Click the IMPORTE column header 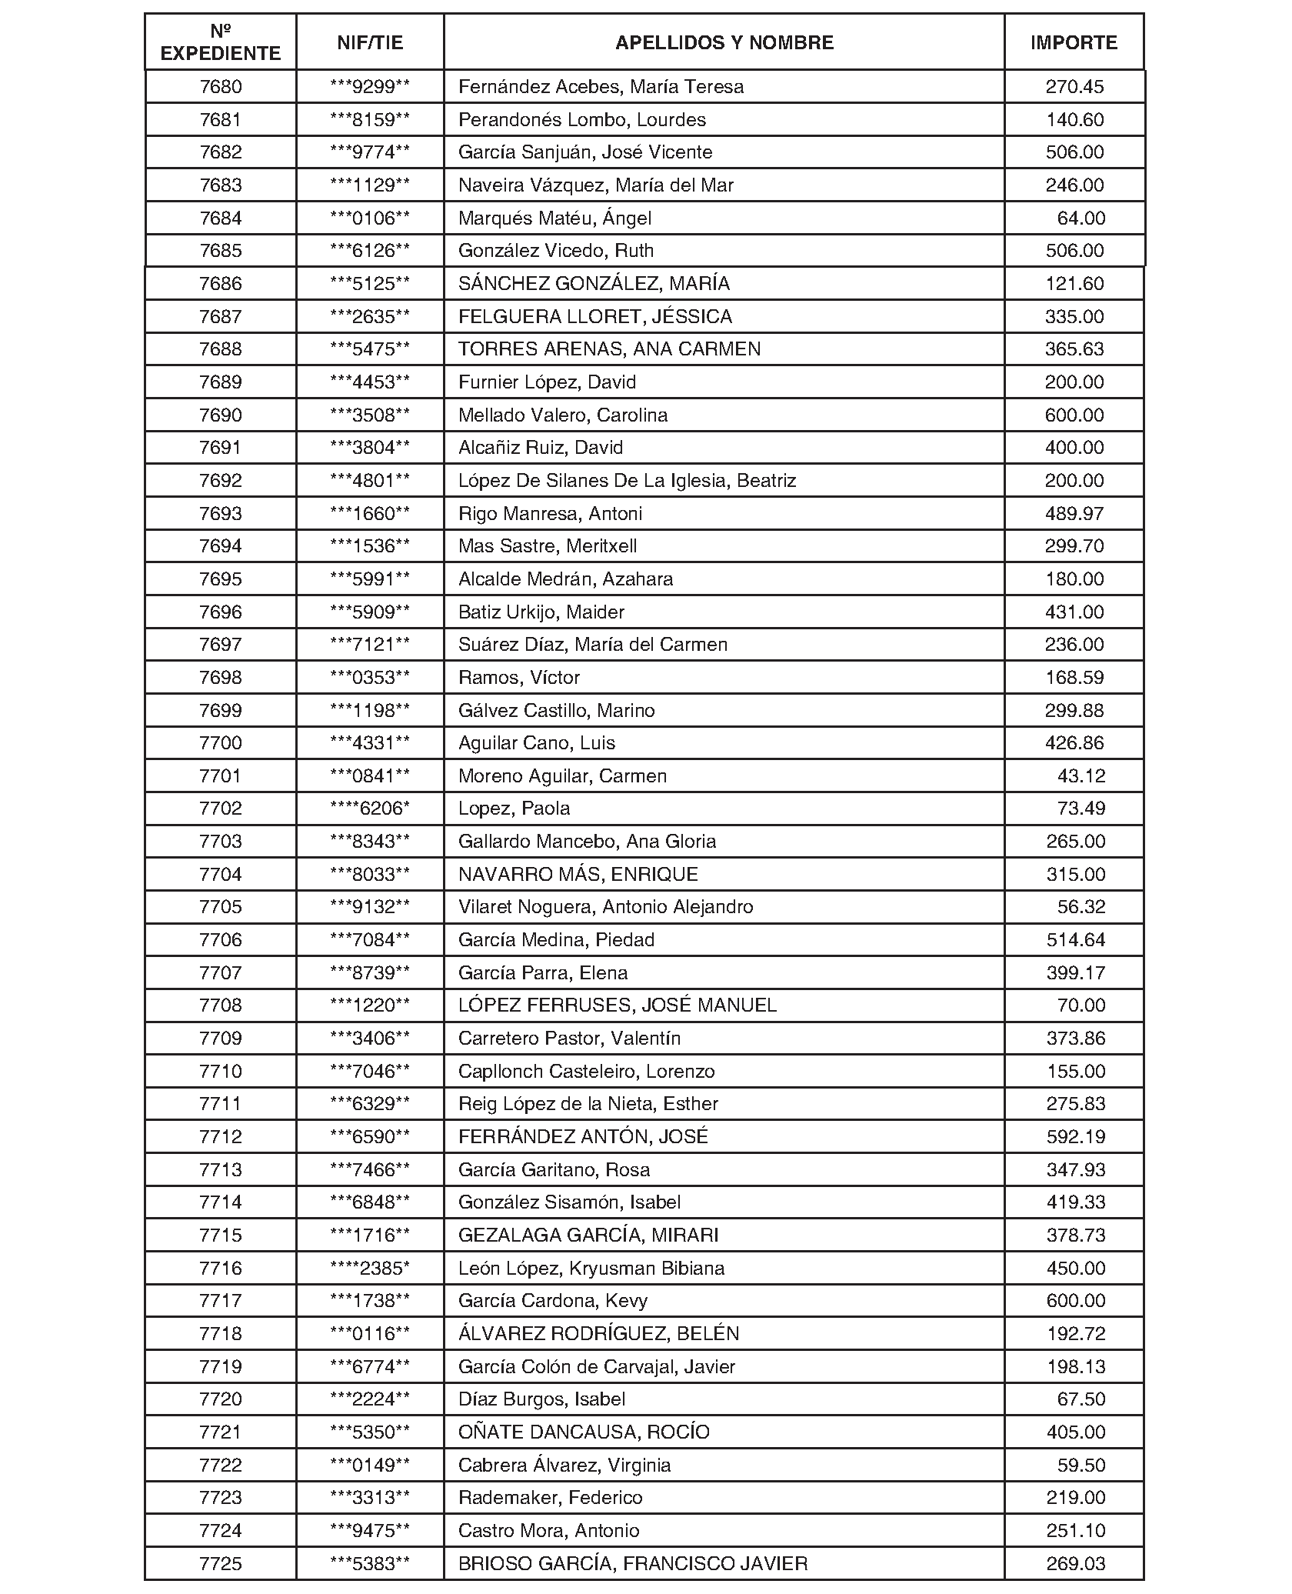1074,42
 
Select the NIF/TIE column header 370,42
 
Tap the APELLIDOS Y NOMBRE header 724,42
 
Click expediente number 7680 221,87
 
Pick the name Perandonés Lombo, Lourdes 581,120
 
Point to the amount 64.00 1081,218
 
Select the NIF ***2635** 370,317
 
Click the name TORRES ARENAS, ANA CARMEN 609,349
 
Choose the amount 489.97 1074,514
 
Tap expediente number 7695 221,579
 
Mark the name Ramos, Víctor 519,678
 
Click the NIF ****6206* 370,809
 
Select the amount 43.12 1081,776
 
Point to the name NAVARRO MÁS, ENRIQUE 578,875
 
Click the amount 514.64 1075,940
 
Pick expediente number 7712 221,1137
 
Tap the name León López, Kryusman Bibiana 591,1269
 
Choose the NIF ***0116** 370,1334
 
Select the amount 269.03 1075,1564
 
